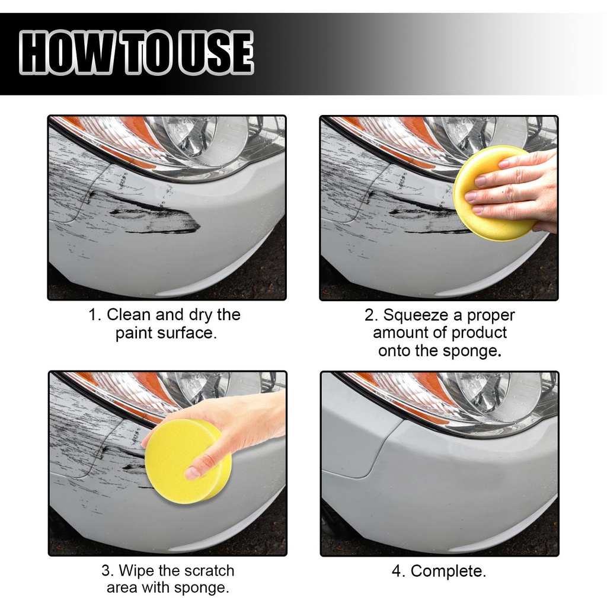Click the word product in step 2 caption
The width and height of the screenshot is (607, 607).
tap(479, 333)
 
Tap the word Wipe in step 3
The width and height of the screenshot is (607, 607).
tap(136, 571)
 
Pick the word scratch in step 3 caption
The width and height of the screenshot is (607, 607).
tap(209, 571)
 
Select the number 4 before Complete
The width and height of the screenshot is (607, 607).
tap(397, 571)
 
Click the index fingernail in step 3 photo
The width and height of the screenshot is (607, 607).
tap(193, 472)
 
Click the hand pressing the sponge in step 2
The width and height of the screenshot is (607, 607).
tap(515, 189)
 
